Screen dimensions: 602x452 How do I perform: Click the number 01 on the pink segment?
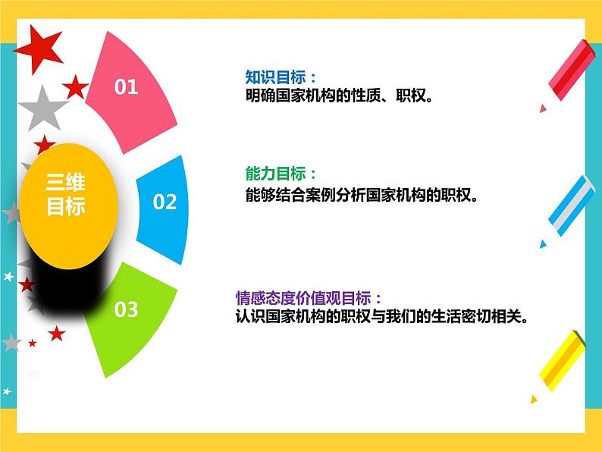coord(127,86)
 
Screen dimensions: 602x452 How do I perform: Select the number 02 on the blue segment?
coord(165,202)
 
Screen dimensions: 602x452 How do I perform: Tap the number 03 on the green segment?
coord(127,309)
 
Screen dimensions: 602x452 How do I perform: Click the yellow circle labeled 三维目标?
coord(68,206)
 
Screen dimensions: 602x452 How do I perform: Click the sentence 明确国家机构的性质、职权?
coord(339,96)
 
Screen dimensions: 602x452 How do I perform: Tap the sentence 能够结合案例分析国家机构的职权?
coord(362,195)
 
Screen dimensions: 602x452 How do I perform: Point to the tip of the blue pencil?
coord(542,244)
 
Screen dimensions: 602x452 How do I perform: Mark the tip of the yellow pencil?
coord(533,400)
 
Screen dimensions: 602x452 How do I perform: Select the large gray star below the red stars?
coord(42,109)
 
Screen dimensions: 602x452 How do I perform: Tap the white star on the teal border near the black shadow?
coord(8,276)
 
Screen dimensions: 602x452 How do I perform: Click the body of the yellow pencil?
coord(563,361)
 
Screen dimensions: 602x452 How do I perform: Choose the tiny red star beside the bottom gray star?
coord(33,343)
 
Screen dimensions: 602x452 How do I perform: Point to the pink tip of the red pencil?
coord(543,108)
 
